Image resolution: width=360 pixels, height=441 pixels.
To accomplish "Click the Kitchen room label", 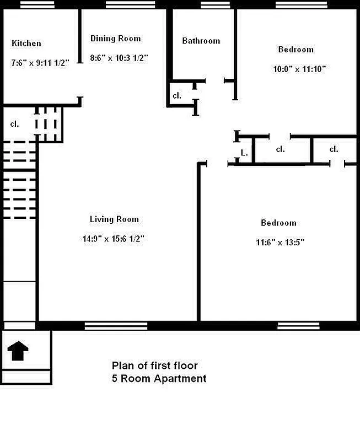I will [x=26, y=44].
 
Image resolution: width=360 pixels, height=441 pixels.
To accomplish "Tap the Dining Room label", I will [x=115, y=39].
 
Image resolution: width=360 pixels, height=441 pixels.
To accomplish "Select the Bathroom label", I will [x=201, y=41].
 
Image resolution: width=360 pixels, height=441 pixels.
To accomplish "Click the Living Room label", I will [x=114, y=219].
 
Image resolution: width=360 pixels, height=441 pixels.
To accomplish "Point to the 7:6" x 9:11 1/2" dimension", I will [x=40, y=63].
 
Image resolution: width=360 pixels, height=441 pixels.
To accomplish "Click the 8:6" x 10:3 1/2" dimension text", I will [x=119, y=57].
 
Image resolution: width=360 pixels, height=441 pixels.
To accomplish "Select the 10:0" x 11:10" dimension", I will [x=299, y=69].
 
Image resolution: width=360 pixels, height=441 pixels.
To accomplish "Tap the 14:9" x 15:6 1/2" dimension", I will [x=114, y=239].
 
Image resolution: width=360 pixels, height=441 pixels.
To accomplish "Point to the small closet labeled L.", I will [x=243, y=153].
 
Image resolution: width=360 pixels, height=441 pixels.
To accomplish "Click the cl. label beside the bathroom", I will [x=177, y=96].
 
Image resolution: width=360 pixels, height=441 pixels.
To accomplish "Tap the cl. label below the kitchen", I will [x=14, y=124].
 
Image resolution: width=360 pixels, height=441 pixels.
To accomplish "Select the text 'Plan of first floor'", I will [x=154, y=365].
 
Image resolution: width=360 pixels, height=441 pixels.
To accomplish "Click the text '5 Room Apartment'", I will [x=159, y=379].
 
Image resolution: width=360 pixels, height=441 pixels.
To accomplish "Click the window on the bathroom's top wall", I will [x=215, y=5].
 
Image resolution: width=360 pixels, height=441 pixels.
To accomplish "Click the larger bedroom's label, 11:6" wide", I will [x=278, y=223].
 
